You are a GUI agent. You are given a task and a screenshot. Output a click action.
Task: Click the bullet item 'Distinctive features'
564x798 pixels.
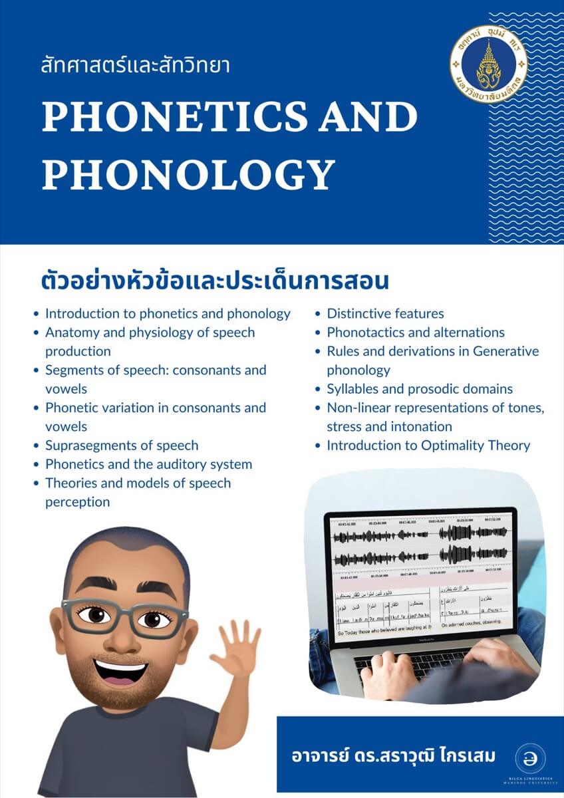[x=385, y=313]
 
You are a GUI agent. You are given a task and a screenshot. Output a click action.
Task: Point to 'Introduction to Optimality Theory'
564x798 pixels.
[x=428, y=446]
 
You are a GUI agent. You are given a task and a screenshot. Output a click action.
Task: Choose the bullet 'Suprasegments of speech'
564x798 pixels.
[x=122, y=446]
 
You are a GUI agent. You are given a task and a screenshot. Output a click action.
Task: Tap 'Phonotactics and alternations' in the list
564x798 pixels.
[x=416, y=332]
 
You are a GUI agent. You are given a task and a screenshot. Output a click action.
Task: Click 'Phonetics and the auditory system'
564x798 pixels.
[x=148, y=464]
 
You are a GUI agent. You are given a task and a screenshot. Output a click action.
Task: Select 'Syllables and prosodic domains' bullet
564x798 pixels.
[x=420, y=389]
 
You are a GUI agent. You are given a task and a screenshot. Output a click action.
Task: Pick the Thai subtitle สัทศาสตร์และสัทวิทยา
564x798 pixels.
[x=135, y=66]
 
